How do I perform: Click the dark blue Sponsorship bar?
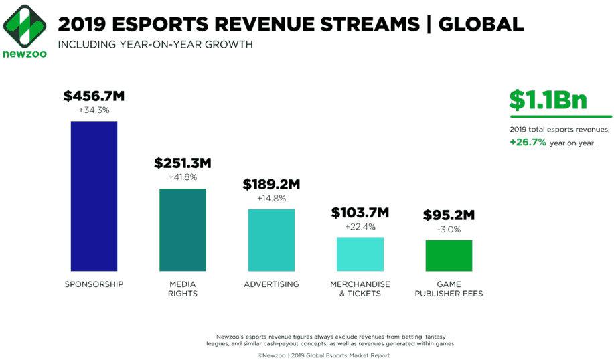tap(94, 195)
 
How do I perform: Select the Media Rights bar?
tap(183, 230)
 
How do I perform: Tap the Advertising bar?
tap(271, 240)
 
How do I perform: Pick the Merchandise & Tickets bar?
tap(360, 254)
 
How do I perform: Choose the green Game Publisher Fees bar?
tap(449, 255)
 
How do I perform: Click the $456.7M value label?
tap(94, 96)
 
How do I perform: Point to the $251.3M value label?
tap(183, 163)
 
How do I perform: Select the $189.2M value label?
tap(271, 184)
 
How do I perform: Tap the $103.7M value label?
tap(360, 213)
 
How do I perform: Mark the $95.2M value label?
tap(449, 215)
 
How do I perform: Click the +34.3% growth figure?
tap(94, 110)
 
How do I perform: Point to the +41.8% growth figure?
tap(183, 177)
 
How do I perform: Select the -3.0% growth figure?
tap(449, 230)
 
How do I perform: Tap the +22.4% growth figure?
tap(360, 227)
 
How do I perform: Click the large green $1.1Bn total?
tap(548, 100)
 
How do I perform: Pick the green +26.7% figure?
tap(528, 143)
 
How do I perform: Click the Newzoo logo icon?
tap(25, 25)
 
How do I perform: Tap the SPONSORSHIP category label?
tap(94, 284)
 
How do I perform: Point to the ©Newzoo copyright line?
tap(323, 355)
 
